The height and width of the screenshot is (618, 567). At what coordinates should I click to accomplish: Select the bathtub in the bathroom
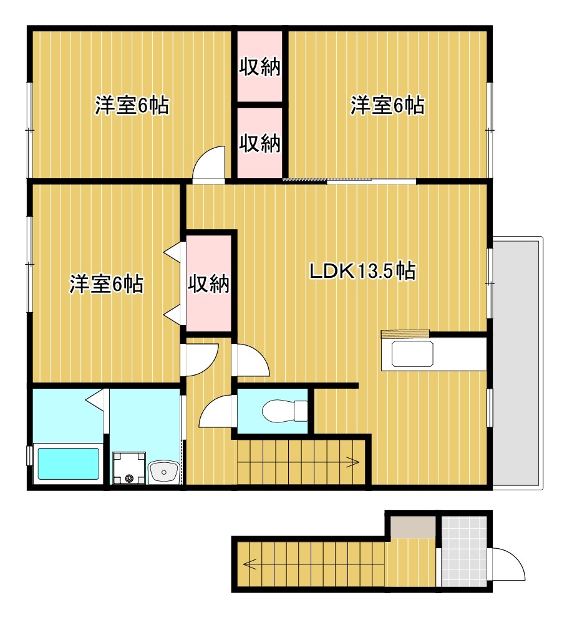(x=69, y=463)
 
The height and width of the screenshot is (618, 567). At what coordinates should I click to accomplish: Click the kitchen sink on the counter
(x=412, y=355)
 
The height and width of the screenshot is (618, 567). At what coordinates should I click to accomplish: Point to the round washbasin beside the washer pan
(x=164, y=471)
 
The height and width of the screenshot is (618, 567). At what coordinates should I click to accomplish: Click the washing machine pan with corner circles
(x=129, y=468)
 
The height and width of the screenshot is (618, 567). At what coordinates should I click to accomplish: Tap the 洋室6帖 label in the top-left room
(x=132, y=105)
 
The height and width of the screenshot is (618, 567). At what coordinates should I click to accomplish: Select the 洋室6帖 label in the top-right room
(x=387, y=105)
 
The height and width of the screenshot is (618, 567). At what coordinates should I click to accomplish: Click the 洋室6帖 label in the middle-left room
(x=106, y=285)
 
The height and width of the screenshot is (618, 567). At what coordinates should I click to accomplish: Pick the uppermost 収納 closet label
(x=260, y=67)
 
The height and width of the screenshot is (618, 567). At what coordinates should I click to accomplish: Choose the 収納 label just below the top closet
(x=260, y=144)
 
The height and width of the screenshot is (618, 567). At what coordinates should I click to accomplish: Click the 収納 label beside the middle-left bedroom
(x=209, y=285)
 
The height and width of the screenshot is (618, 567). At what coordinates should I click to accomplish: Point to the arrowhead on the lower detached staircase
(x=250, y=565)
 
